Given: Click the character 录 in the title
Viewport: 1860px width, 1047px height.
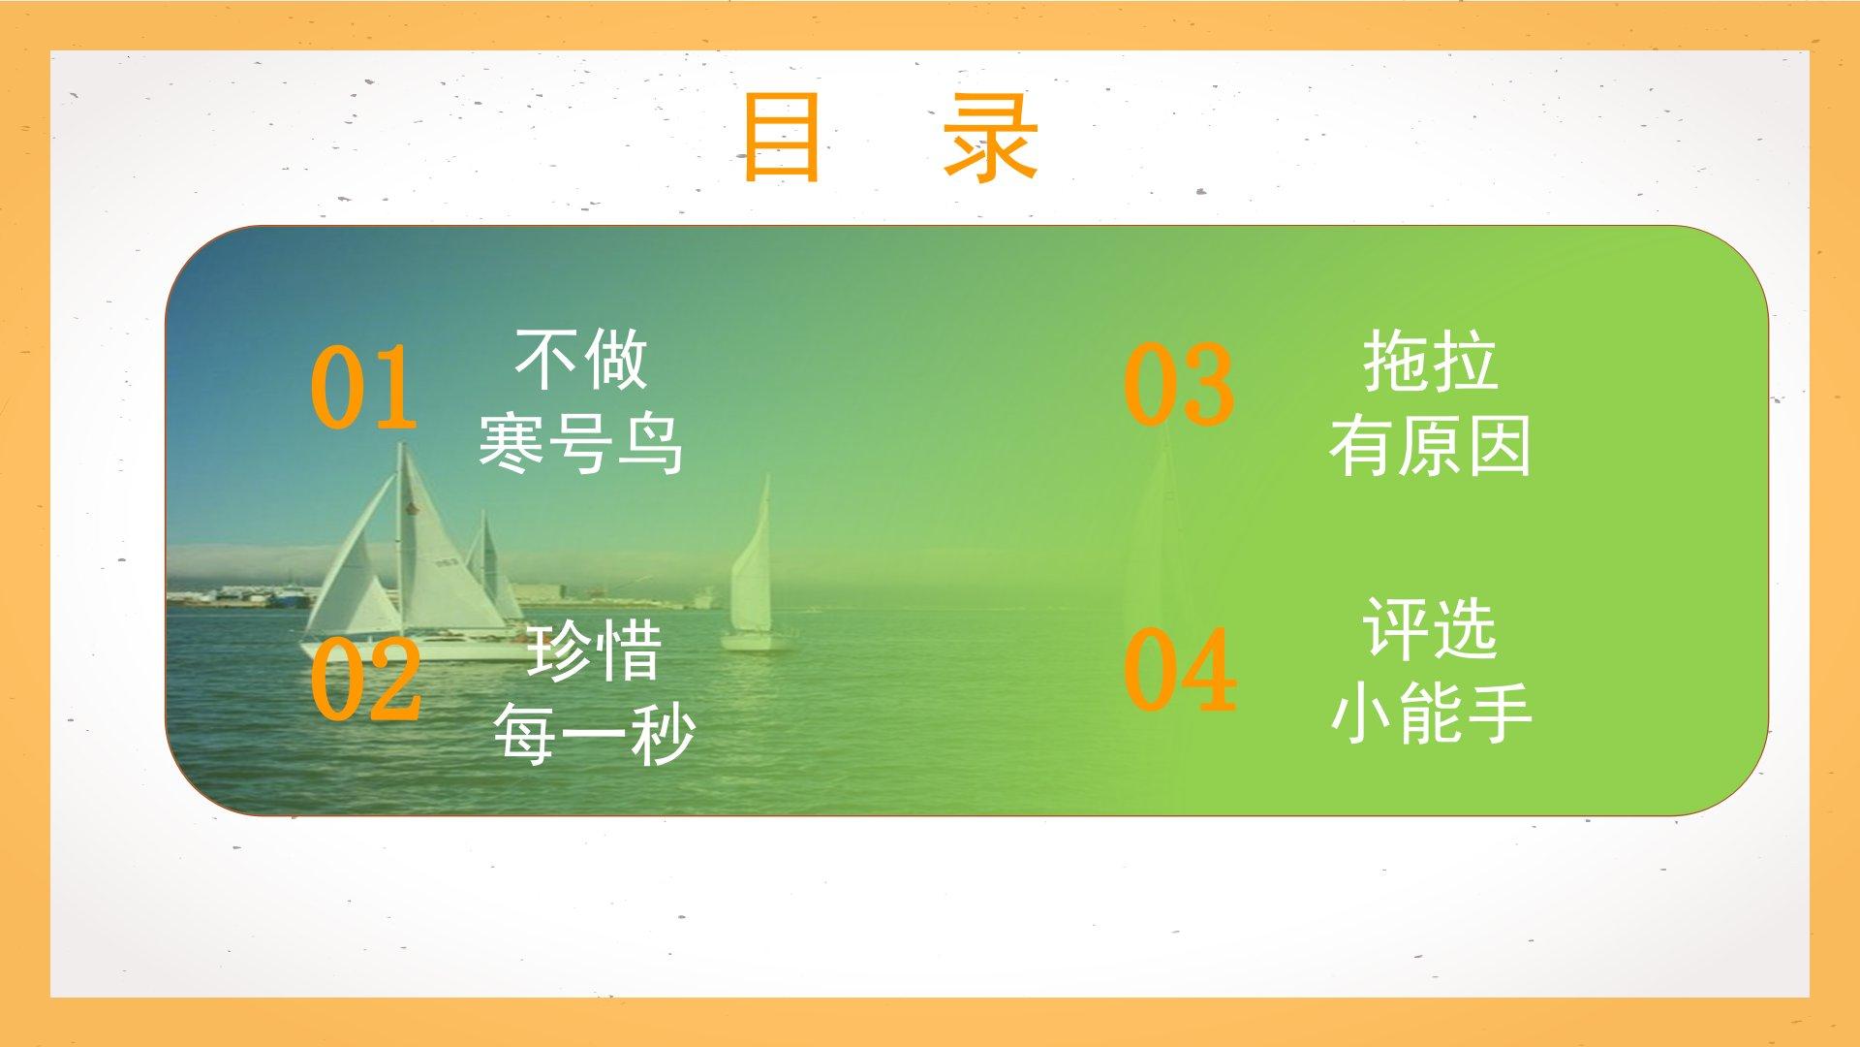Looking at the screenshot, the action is tap(991, 138).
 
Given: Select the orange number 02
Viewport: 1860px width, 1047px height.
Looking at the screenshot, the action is tap(365, 678).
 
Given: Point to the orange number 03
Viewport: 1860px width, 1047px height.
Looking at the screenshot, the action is tap(1179, 384).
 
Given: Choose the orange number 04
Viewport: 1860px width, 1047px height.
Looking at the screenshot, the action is tap(1180, 669).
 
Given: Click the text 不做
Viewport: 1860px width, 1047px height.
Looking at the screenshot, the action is tap(580, 359).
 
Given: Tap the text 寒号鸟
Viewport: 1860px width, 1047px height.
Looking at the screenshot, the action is tap(580, 443).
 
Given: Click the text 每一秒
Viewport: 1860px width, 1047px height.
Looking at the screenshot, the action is tap(594, 734).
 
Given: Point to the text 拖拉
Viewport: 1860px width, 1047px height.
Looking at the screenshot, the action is tap(1430, 362).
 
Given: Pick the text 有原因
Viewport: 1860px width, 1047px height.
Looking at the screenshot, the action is tap(1430, 446).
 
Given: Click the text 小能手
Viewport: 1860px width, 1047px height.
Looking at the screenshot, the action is tap(1430, 713).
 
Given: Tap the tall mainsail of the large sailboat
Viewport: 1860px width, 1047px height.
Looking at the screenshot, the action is tap(441, 543).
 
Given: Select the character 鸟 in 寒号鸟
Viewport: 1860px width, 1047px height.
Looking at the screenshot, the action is tap(650, 443).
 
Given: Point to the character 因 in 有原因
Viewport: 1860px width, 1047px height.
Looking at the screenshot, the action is tap(1500, 446).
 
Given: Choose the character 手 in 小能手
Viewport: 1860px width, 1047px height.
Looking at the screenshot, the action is tap(1500, 713).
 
